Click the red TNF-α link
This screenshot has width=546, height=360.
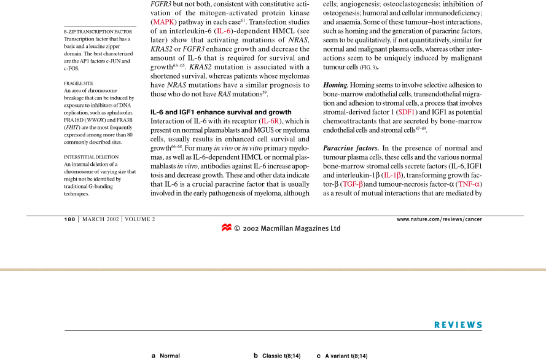point(469,184)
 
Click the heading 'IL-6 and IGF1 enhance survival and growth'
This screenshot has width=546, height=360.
point(220,112)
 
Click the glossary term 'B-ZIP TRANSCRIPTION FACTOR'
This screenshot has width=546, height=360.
point(98,31)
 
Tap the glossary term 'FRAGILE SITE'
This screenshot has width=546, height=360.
point(79,83)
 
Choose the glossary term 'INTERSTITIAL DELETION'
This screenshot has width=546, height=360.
point(92,157)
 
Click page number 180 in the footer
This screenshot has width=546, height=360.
point(70,219)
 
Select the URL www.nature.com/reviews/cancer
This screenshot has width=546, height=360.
point(439,219)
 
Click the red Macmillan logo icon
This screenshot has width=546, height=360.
point(226,228)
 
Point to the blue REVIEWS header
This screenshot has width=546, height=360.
point(458,325)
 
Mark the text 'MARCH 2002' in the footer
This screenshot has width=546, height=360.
point(101,219)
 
